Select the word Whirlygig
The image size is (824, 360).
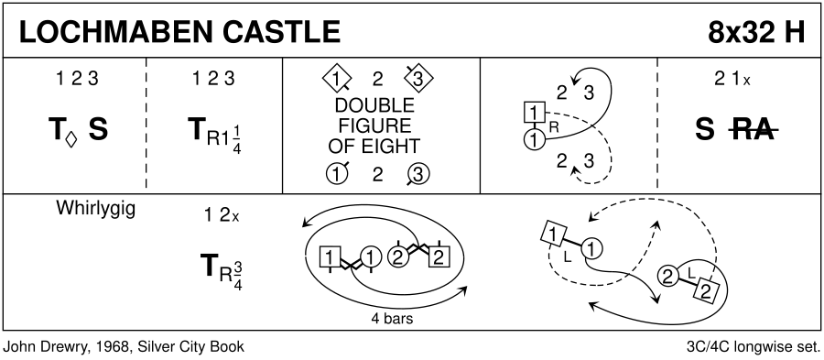(x=95, y=209)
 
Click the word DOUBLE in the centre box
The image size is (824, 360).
(x=374, y=106)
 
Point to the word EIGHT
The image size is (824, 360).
(x=393, y=146)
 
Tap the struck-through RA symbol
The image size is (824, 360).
(x=754, y=130)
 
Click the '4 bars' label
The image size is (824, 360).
(x=392, y=319)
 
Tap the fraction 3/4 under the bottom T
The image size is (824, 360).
(x=237, y=273)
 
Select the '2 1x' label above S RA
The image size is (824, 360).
(x=732, y=80)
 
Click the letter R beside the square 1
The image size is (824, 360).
(x=553, y=126)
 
